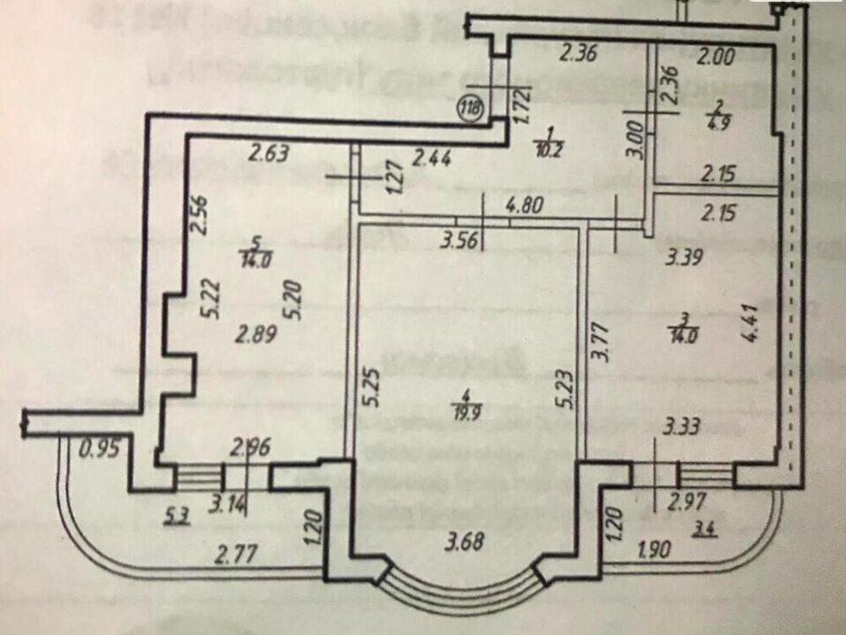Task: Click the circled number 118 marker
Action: click(471, 109)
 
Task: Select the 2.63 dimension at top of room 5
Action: click(268, 154)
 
